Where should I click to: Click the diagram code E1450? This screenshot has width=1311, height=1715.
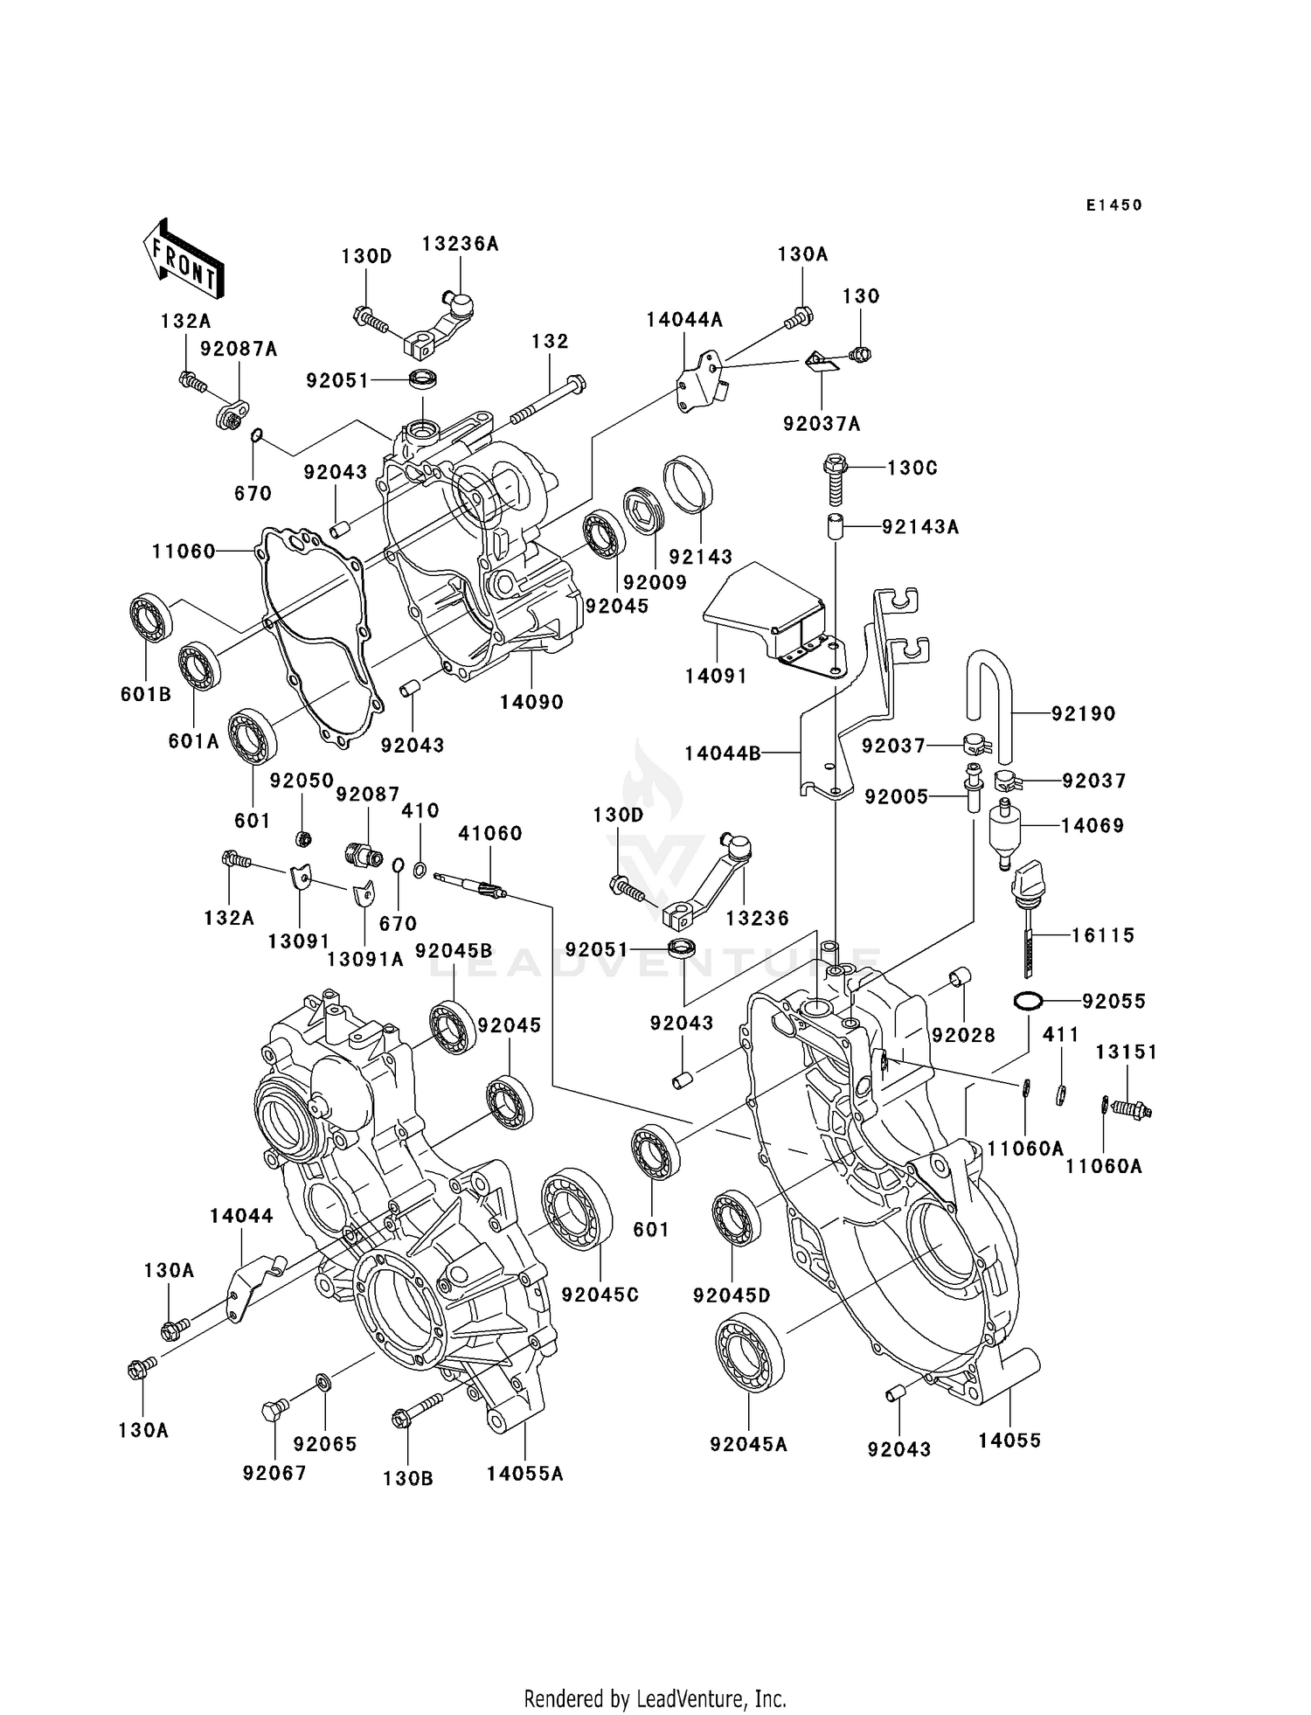(x=1113, y=205)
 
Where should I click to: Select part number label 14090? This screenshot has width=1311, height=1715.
(x=531, y=702)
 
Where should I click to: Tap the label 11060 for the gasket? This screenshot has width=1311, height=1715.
(x=184, y=551)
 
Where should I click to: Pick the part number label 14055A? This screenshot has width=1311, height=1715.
(x=524, y=1474)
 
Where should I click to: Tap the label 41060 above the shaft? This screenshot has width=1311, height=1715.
(x=489, y=833)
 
